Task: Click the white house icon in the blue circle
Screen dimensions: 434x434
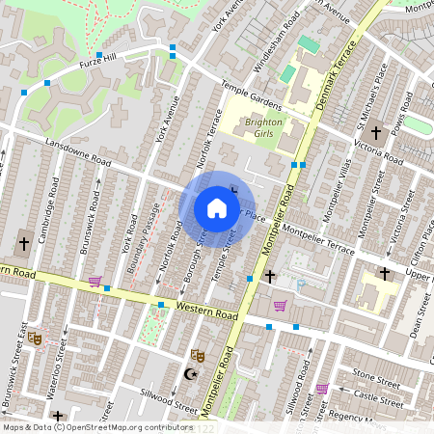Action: point(217,208)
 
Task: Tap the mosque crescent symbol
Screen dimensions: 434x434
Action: point(189,373)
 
